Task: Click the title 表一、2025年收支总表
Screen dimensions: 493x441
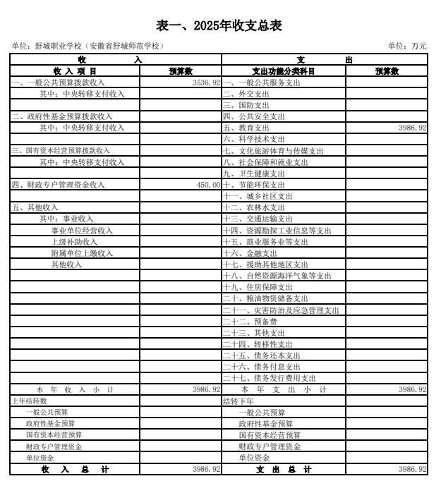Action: [x=219, y=26]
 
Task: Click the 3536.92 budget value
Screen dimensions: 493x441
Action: [x=206, y=83]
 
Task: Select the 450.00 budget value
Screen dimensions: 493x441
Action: [x=206, y=185]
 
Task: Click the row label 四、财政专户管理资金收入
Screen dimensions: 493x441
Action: [x=58, y=185]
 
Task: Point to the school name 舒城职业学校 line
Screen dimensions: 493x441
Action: [x=88, y=47]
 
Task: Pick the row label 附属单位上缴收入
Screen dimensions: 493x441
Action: [x=82, y=253]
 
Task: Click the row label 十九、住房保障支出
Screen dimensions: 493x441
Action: [x=258, y=287]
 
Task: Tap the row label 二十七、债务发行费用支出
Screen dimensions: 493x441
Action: [x=270, y=378]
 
